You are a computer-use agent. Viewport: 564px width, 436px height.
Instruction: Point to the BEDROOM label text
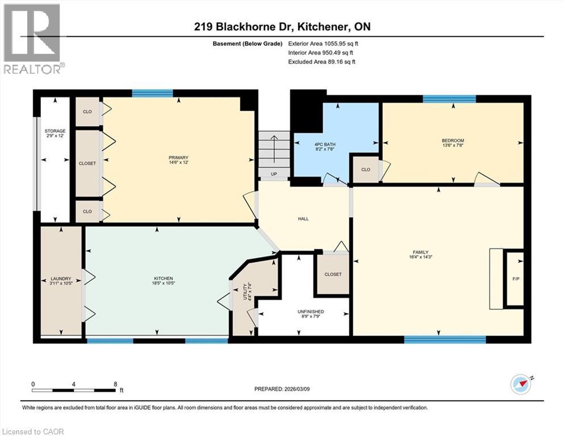click(x=453, y=141)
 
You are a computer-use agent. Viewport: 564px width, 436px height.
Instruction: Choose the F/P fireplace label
click(x=515, y=279)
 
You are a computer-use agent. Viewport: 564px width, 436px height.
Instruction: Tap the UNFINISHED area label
click(x=310, y=312)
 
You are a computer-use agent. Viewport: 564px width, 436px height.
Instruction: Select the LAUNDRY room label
click(x=60, y=278)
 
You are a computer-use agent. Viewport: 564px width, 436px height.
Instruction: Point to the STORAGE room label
click(x=55, y=131)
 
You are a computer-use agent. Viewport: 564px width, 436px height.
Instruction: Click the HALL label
click(x=303, y=219)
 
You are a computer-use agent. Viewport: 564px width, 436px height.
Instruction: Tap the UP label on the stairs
click(x=274, y=174)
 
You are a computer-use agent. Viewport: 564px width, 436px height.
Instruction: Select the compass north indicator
click(x=520, y=384)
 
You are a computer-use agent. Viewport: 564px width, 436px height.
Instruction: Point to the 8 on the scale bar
click(x=116, y=384)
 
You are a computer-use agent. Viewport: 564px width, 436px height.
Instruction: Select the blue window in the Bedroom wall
click(x=449, y=99)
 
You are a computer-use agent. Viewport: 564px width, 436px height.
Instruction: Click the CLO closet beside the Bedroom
click(x=365, y=169)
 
